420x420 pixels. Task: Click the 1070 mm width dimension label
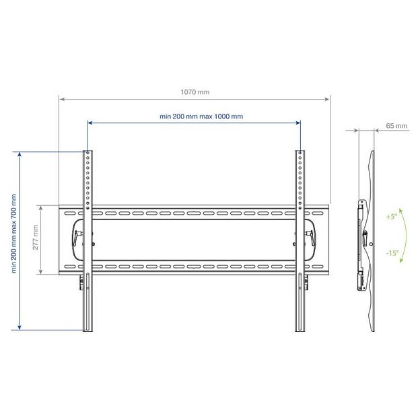[x=195, y=93]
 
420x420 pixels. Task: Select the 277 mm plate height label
[x=35, y=239]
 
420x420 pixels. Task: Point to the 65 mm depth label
[x=397, y=125]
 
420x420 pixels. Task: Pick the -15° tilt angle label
[x=392, y=254]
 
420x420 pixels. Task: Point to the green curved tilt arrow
[x=403, y=236]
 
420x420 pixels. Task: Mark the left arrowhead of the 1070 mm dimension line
[x=61, y=100]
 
